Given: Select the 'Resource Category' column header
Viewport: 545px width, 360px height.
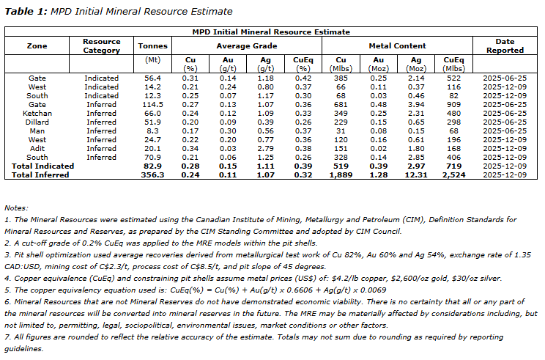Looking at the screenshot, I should pos(101,45).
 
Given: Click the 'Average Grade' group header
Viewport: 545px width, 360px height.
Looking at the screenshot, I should pos(240,45).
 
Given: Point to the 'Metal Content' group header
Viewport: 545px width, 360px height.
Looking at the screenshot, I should pos(397,45).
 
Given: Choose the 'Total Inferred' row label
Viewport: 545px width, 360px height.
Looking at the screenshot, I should pos(37,174).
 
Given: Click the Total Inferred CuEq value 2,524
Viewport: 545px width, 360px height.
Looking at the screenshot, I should pos(454,174).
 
